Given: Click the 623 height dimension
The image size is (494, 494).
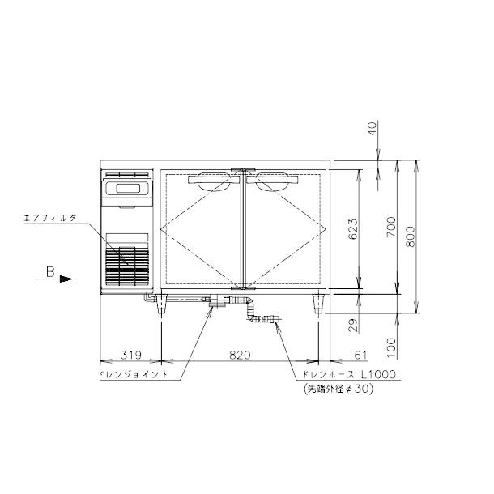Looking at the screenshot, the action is pos(353,229).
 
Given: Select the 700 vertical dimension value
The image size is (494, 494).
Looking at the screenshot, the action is pos(391,227).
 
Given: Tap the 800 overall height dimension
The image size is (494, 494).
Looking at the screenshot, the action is pos(411,237).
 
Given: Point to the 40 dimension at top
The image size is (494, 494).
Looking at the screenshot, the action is pos(373,129).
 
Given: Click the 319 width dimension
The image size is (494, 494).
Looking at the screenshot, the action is pos(131,355).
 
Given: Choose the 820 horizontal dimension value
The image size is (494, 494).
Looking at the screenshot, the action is pos(240,355).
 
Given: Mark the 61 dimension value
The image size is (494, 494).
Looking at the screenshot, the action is pos(360,355).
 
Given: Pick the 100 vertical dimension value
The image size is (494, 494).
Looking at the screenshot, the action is pos(391,347).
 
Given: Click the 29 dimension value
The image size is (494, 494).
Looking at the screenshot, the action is pos(353,325).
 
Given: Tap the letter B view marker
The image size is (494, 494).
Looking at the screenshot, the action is pos(50,272).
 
